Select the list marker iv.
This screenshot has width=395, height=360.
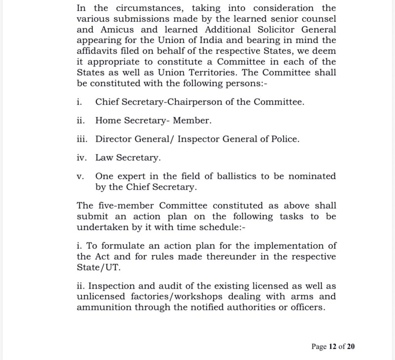(81, 158)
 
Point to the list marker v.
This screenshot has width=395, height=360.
(80, 176)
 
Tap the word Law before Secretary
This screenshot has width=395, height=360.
(104, 158)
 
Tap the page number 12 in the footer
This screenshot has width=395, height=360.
(333, 346)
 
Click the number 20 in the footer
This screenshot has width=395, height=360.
(350, 346)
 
